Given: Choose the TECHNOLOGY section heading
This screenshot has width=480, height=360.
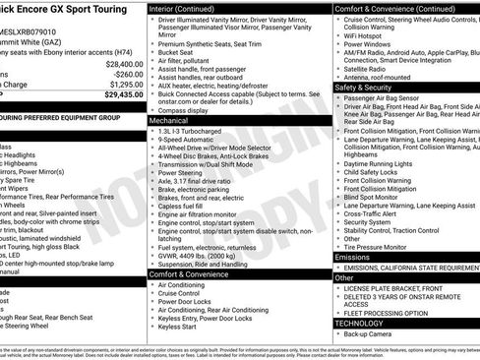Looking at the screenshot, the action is tap(360, 322).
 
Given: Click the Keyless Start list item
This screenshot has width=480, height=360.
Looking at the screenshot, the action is tap(178, 326).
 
